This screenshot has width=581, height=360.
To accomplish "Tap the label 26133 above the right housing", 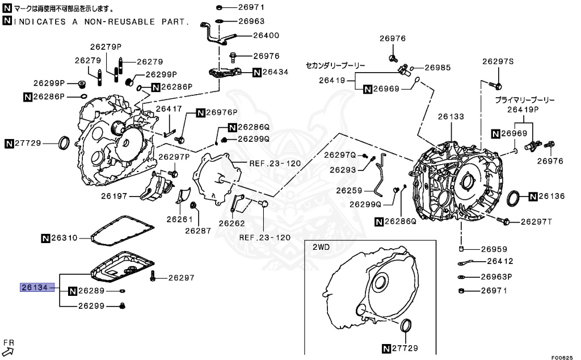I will pyautogui.click(x=451, y=116).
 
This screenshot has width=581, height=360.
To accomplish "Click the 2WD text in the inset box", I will pyautogui.click(x=321, y=248).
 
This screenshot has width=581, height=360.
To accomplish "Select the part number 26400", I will pyautogui.click(x=251, y=35).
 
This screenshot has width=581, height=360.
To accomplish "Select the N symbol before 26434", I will pyautogui.click(x=256, y=72).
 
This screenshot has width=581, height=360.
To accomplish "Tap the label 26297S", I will pyautogui.click(x=498, y=61).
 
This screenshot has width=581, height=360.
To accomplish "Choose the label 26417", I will pyautogui.click(x=169, y=108).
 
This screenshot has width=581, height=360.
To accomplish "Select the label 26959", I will pyautogui.click(x=494, y=249).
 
